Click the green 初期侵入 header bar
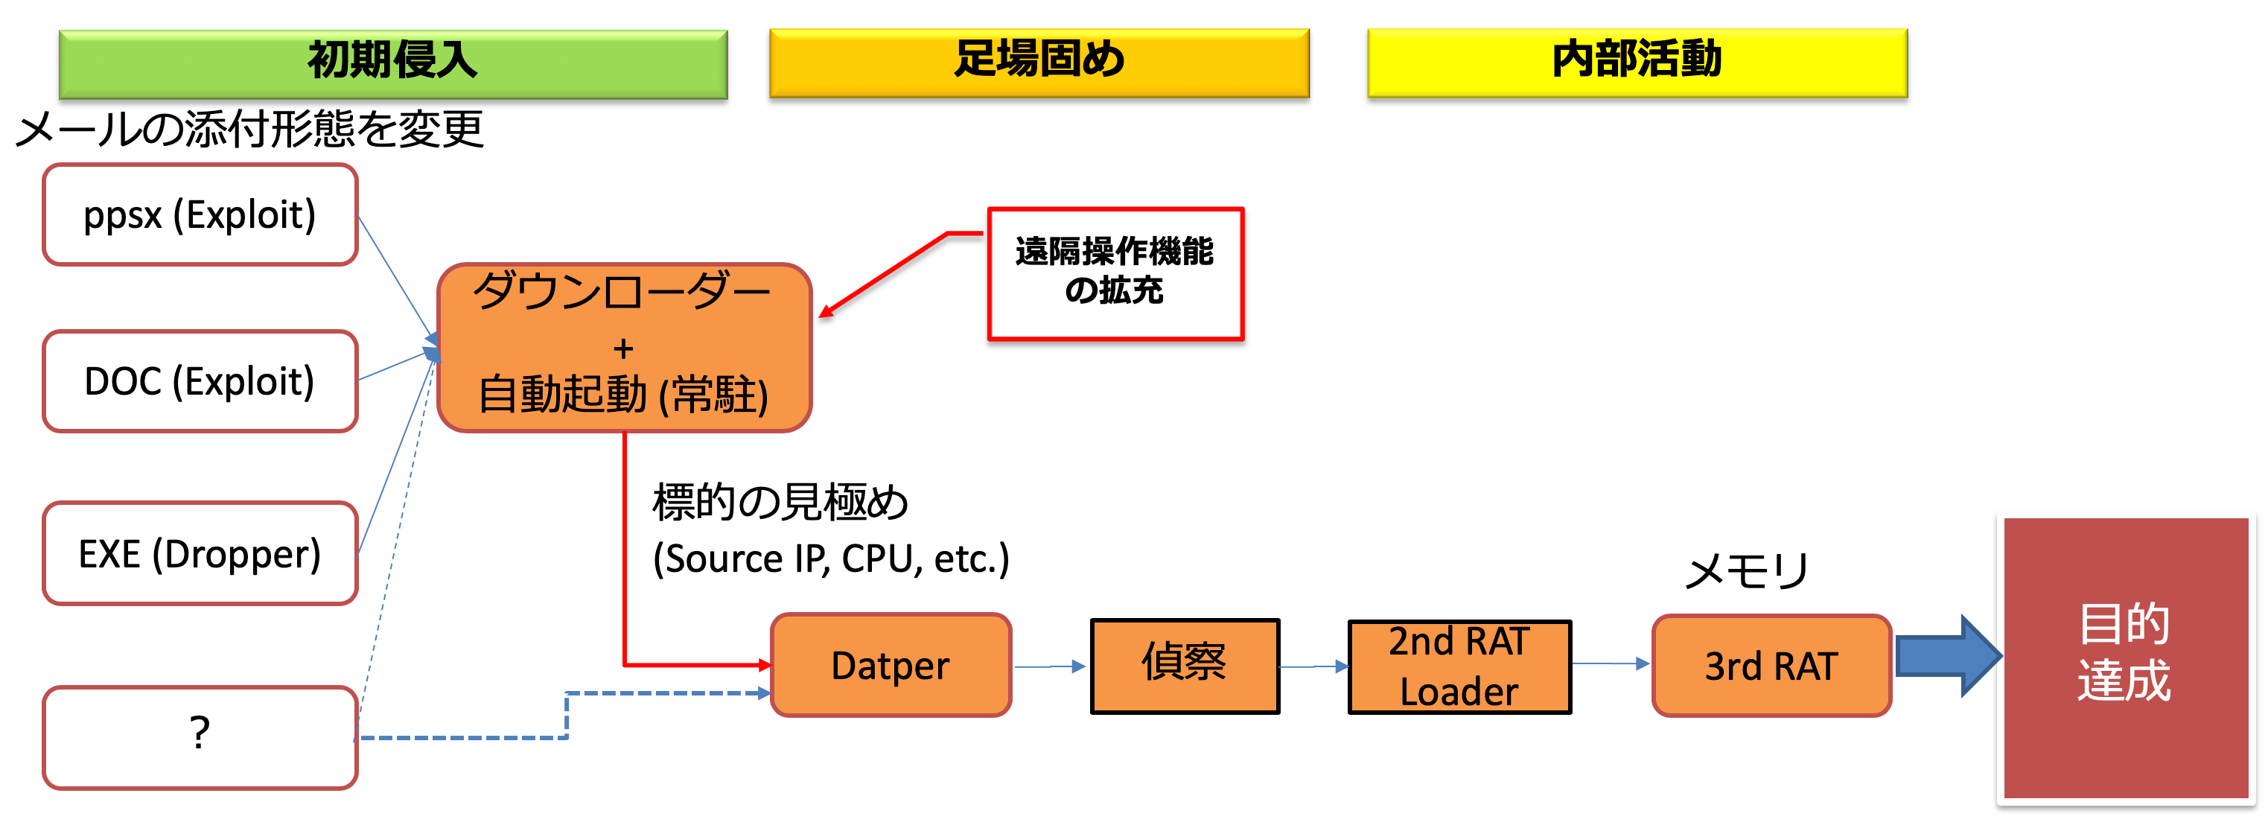pos(392,63)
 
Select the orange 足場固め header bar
pos(1039,62)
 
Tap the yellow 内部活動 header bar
pos(1637,62)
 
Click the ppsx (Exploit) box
pos(200,214)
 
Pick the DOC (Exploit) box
pos(200,381)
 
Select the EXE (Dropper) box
pos(200,554)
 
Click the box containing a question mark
pos(200,737)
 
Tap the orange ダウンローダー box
pos(623,348)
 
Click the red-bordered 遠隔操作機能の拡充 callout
pos(1115,273)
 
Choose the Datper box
pos(890,666)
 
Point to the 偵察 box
pos(1184,666)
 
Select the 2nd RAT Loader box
pos(1459,666)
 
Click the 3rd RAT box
pos(1771,666)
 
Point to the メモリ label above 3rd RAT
pos(1746,570)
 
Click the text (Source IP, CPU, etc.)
pos(830,559)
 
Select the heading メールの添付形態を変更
pos(250,130)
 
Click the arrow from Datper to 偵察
pos(1049,666)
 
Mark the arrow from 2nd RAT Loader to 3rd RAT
pos(1611,663)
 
